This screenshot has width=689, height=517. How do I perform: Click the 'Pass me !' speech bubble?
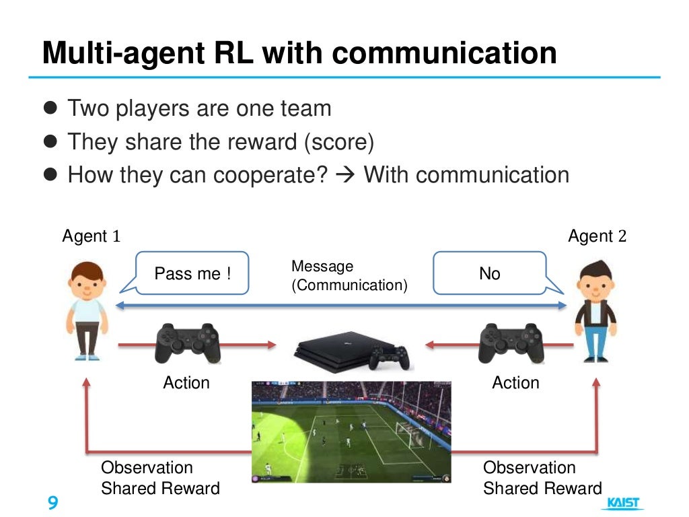tap(192, 273)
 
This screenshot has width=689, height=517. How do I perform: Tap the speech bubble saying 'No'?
tap(489, 273)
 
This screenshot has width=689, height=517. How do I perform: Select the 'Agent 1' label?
tap(92, 236)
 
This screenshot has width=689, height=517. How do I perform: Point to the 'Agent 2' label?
tap(597, 236)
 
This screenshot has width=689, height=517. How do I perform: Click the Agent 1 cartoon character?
tap(88, 310)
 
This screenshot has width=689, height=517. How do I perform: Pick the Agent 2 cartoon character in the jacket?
tap(595, 310)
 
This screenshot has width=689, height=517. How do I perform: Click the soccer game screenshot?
tap(351, 432)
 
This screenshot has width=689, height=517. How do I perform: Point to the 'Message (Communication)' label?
tap(349, 276)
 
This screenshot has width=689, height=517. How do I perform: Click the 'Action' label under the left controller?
tap(186, 383)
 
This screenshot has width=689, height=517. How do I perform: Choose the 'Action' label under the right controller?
tap(515, 383)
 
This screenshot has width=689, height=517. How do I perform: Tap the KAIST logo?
tap(624, 503)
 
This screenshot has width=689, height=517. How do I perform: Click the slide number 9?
tap(52, 503)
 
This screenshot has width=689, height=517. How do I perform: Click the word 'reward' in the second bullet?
tap(260, 142)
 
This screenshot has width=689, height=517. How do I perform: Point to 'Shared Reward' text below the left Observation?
tap(160, 489)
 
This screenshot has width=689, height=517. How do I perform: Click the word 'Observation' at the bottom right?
tap(529, 468)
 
